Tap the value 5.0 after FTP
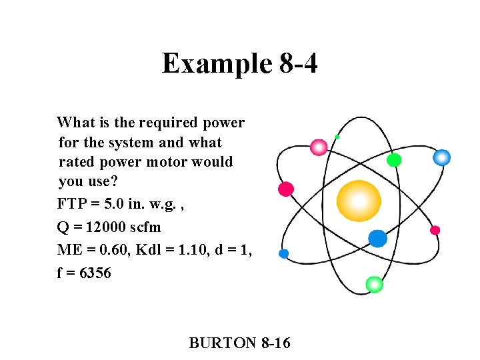click(110, 203)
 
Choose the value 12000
click(101, 227)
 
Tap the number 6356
click(95, 273)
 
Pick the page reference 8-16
click(276, 343)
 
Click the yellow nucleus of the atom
click(359, 201)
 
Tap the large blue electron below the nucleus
click(377, 238)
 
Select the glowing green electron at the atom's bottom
click(375, 284)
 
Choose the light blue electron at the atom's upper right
click(441, 157)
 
